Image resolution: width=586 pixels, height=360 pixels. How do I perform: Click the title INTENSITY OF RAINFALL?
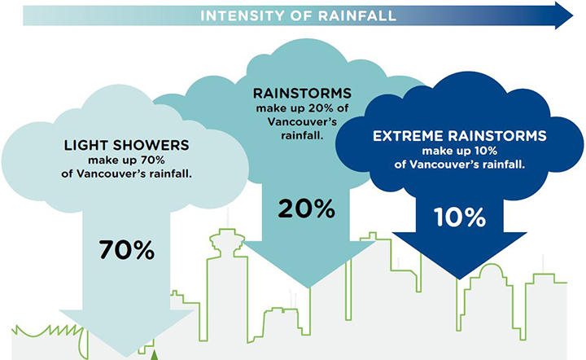[x=298, y=16]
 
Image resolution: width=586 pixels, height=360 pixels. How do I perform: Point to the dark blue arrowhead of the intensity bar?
[x=563, y=15]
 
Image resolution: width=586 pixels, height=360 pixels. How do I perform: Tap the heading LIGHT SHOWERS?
[x=126, y=145]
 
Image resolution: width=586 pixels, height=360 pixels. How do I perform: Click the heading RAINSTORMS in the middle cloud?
[x=302, y=94]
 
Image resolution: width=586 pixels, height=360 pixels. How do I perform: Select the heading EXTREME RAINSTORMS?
[x=460, y=136]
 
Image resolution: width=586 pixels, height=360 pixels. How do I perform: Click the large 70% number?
[x=127, y=250]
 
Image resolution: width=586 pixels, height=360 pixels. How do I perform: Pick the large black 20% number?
[x=307, y=209]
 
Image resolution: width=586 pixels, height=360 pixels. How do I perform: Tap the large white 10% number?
[x=460, y=217]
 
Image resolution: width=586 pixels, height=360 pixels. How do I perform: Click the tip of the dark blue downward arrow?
[x=459, y=279]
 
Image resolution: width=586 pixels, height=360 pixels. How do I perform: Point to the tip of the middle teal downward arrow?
[x=308, y=288]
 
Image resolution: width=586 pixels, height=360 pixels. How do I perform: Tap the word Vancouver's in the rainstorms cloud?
[x=302, y=122]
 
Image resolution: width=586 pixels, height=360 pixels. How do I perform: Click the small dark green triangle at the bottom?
[x=155, y=355]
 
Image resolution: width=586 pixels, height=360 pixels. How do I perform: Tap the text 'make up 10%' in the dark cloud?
[x=460, y=151]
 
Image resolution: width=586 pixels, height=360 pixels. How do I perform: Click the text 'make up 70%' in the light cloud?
[x=126, y=160]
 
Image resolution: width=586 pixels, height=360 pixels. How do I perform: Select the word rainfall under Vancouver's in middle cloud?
[x=302, y=135]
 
